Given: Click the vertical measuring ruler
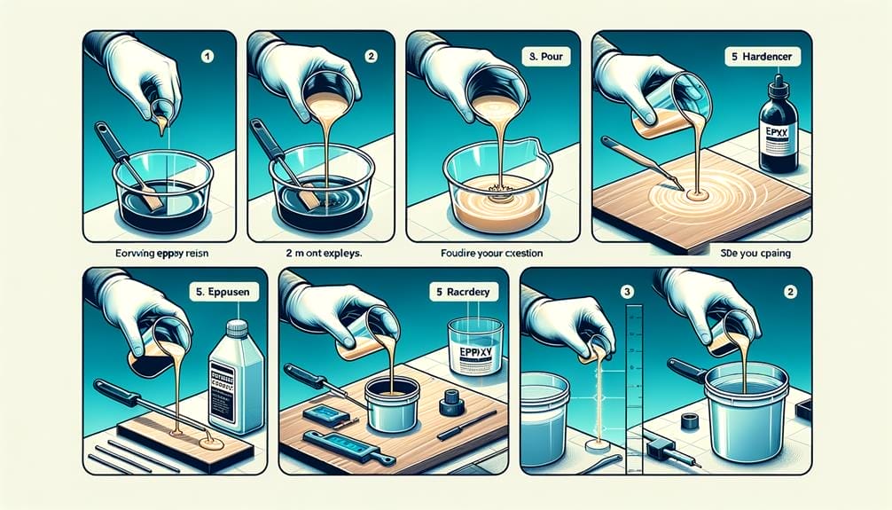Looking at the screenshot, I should point(634,373).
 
